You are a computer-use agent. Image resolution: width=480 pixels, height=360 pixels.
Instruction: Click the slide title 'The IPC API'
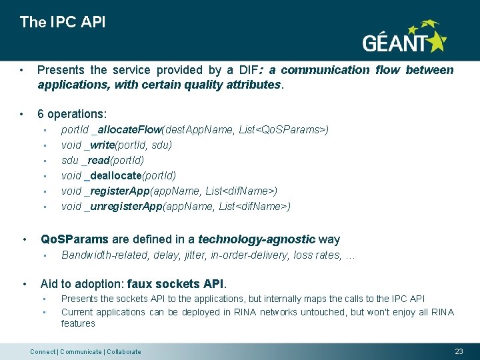coord(63,22)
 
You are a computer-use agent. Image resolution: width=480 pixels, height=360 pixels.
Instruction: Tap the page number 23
coord(458,351)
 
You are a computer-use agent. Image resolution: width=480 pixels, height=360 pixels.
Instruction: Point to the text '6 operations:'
coord(72,114)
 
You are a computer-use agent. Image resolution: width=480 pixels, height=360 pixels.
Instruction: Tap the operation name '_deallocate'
coord(113,175)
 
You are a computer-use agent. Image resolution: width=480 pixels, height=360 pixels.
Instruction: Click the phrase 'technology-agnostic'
coord(257,239)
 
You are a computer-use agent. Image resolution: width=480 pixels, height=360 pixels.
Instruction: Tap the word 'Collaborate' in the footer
coord(124,352)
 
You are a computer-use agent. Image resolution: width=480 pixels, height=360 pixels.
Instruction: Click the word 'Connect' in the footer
coord(43,352)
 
